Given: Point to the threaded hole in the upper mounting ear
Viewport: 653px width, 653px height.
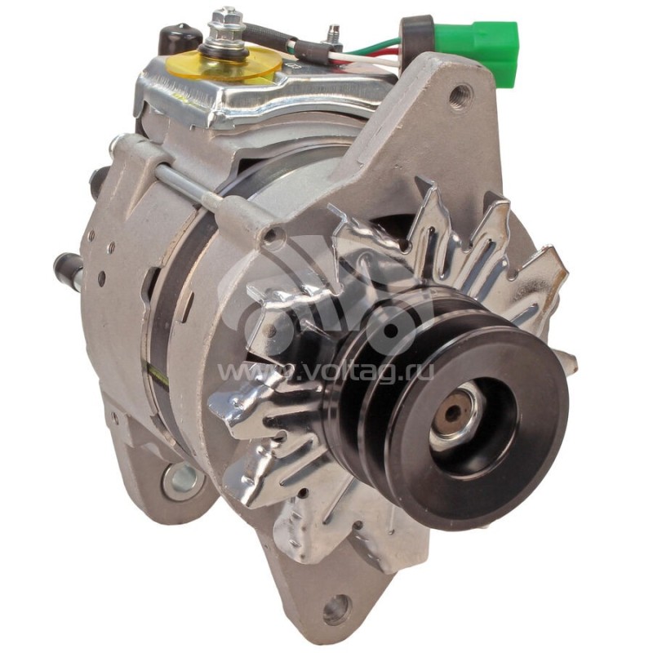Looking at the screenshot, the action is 460,96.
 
